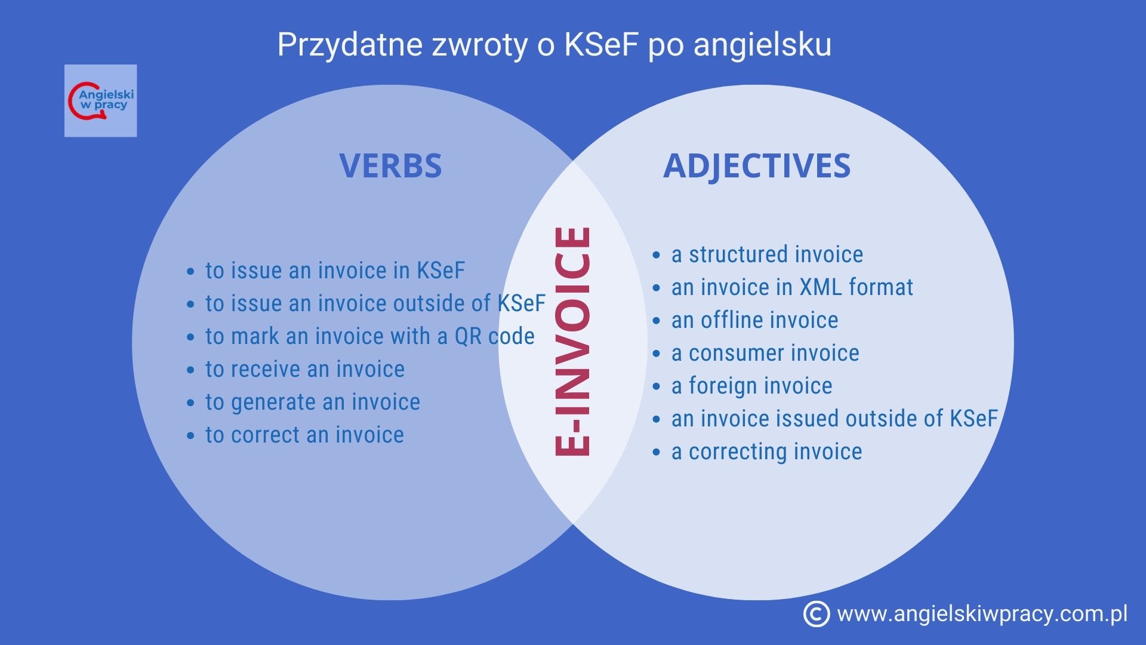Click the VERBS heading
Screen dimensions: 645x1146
point(390,165)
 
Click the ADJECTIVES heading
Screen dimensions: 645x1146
point(756,165)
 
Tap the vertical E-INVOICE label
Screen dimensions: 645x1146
point(572,342)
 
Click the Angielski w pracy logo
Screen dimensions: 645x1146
point(100,100)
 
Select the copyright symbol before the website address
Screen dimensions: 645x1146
point(816,614)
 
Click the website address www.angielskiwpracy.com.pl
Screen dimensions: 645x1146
point(982,614)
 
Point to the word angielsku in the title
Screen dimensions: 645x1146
point(762,44)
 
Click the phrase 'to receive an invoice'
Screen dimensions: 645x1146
point(305,369)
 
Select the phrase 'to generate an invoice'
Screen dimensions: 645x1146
point(313,402)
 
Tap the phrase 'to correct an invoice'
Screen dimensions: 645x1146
point(304,435)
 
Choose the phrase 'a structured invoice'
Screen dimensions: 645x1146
point(767,254)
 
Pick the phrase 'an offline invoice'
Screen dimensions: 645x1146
point(754,320)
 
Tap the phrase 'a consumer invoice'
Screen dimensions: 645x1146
point(765,353)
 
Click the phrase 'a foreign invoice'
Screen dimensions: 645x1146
point(751,386)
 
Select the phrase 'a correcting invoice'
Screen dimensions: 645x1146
point(766,451)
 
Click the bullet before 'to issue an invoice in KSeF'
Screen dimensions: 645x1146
point(190,272)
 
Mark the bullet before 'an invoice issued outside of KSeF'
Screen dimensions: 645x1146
point(657,420)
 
